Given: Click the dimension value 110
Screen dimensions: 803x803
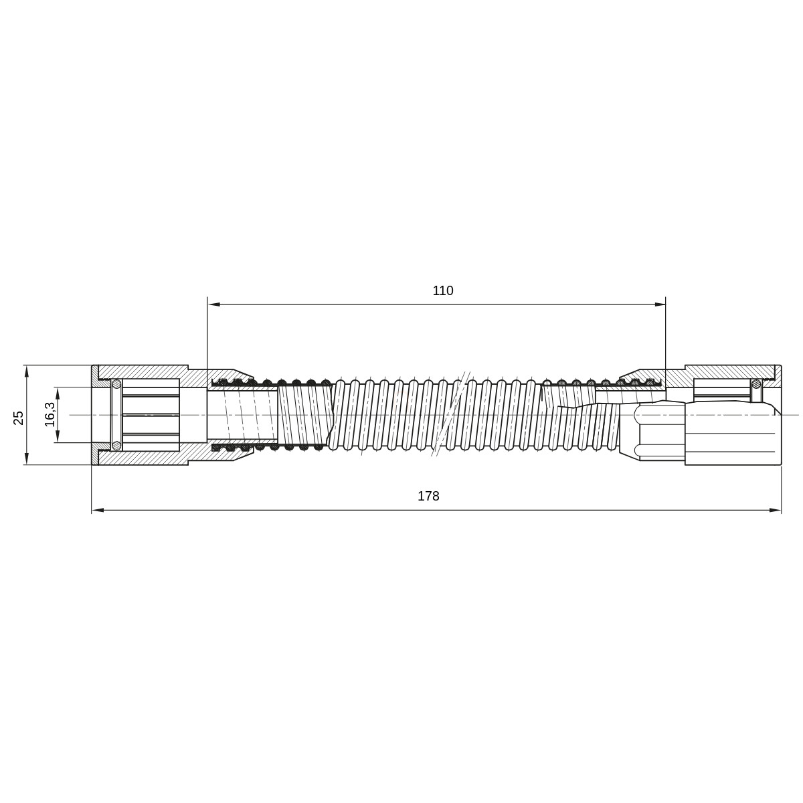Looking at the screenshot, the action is [x=442, y=290].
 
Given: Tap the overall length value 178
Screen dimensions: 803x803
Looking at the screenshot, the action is [x=428, y=496].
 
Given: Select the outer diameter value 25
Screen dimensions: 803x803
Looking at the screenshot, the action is [x=18, y=418].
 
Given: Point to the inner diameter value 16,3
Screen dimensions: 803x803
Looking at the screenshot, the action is [x=50, y=414].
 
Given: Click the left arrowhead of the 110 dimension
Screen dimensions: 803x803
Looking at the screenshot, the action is [x=213, y=304].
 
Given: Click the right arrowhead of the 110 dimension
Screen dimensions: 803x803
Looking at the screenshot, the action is [x=660, y=304].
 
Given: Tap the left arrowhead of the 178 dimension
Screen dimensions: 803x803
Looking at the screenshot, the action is [x=98, y=510].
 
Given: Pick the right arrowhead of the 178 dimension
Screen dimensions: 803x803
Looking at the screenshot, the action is [x=775, y=510].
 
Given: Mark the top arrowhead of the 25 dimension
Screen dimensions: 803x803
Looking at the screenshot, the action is [x=27, y=371].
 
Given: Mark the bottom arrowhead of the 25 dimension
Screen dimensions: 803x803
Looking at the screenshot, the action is [x=27, y=459].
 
